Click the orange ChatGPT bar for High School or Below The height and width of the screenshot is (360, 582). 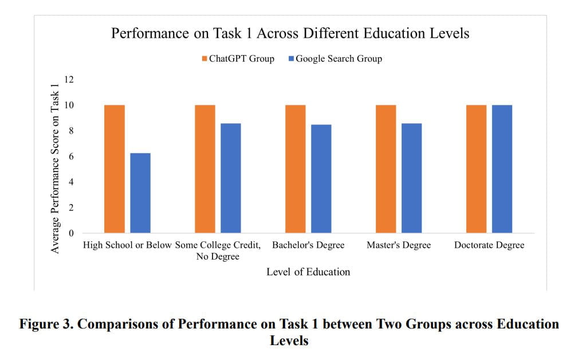[115, 169]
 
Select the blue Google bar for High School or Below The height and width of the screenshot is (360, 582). [140, 193]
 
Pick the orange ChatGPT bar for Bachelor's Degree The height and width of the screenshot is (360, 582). [296, 169]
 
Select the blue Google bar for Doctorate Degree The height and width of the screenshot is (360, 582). [502, 169]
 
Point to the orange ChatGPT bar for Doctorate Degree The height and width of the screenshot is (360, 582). [476, 169]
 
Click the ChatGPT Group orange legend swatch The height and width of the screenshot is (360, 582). [205, 58]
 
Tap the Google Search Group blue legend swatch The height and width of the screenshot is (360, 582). [292, 58]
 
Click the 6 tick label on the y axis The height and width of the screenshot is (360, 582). [72, 156]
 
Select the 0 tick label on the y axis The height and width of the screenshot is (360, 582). [72, 233]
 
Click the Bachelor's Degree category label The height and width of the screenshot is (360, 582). [308, 245]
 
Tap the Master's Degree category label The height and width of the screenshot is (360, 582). [399, 245]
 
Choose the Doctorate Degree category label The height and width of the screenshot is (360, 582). [489, 245]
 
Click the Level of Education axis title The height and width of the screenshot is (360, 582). [308, 272]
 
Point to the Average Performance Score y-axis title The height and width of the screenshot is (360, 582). [55, 166]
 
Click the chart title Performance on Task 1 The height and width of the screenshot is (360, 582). [290, 33]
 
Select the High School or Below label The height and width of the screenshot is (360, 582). [127, 245]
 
